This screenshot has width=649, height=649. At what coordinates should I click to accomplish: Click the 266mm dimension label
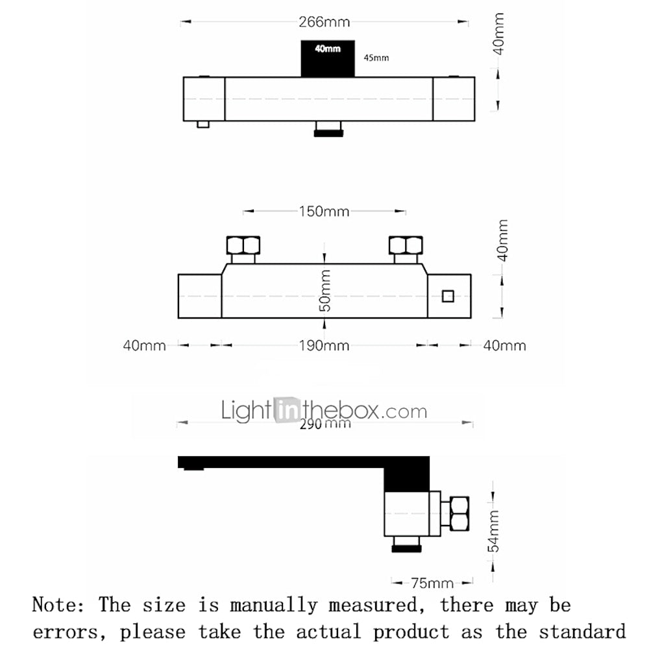coord(324,21)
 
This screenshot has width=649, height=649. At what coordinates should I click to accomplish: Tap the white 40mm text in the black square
coord(327,49)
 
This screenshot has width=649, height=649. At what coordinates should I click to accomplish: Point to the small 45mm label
coord(376,58)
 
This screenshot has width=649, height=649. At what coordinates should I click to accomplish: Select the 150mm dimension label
coord(324,212)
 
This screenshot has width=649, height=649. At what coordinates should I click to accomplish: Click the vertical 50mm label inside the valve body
coord(325,290)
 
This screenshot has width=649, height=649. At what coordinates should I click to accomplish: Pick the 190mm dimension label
coord(324,346)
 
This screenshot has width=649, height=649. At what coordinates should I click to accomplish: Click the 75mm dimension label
coord(432,583)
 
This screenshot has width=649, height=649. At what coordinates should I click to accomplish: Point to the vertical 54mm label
coord(493,531)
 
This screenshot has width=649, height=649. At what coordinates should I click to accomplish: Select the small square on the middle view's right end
coord(448,297)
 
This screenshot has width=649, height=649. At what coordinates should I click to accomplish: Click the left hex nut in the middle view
coord(243,245)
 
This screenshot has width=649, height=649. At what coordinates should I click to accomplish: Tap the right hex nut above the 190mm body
coord(406,245)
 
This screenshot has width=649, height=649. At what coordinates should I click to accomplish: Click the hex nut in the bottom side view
coord(459,513)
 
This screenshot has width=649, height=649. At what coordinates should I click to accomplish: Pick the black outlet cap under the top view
coord(328,133)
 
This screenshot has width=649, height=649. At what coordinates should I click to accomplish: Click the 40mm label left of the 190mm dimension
coord(145,346)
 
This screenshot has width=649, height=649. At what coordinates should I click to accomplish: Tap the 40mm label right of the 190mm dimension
coord(504,346)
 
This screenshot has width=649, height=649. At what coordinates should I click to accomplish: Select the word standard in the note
coord(582,632)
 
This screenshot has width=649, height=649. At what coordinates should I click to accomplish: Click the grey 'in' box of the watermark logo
coord(288,410)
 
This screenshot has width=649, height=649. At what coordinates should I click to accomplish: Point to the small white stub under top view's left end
coord(202,124)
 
